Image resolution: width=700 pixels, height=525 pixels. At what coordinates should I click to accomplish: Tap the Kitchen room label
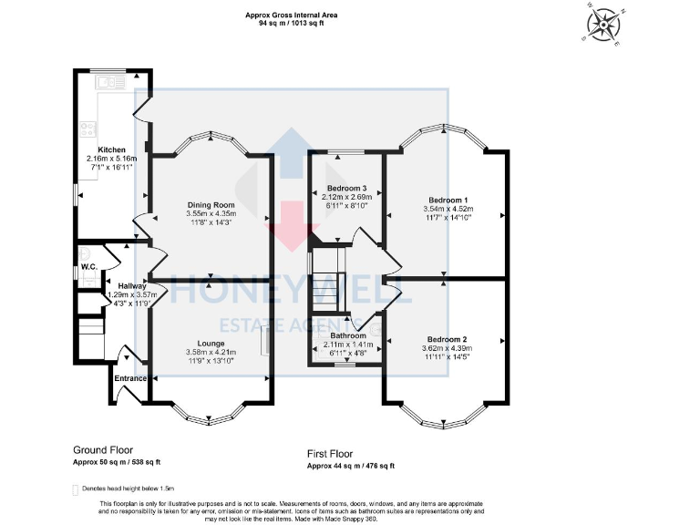pos(112,149)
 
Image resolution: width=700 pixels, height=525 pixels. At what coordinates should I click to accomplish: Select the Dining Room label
pos(211,204)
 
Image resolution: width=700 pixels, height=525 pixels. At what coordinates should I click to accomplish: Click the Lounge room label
pos(211,343)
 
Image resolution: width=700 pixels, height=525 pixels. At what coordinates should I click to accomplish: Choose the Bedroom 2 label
pos(447,337)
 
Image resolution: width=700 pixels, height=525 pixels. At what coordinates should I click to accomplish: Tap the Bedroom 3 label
pos(346,188)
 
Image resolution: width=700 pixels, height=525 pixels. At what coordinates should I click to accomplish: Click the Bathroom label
pos(348,335)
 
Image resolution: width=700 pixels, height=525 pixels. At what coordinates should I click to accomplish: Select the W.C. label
pos(88,266)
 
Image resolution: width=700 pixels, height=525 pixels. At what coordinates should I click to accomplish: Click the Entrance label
pos(131,377)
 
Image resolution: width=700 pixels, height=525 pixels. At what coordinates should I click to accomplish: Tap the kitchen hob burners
pos(88,128)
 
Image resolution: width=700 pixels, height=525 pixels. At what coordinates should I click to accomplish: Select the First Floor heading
pos(330,454)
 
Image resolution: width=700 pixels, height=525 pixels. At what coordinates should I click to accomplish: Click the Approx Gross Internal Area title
pos(284,14)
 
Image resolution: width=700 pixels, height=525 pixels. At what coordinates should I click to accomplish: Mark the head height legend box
pos(76,489)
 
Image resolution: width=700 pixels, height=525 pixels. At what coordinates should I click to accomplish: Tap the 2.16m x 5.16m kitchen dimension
pos(112,159)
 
